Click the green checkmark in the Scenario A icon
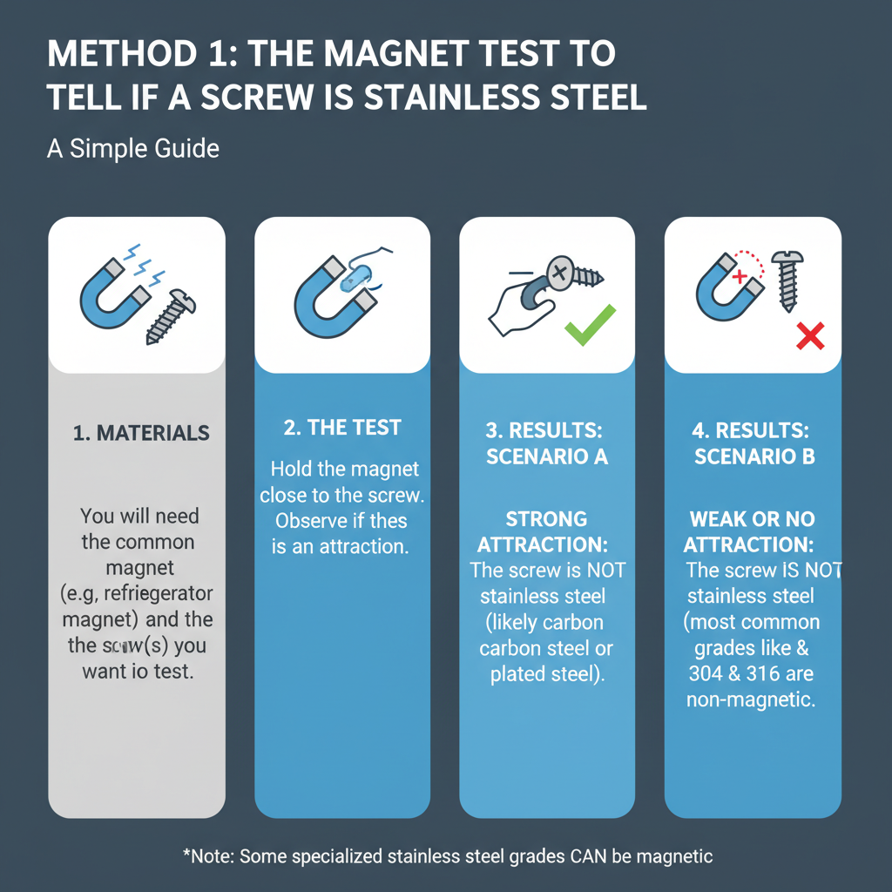coord(590,325)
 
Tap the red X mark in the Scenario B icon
coord(810,337)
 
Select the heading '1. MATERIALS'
coord(141,433)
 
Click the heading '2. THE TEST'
coord(342,427)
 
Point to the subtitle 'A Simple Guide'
coord(132,148)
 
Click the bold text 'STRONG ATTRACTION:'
coord(546,532)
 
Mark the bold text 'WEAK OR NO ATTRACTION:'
coord(751,532)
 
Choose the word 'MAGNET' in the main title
coord(402,54)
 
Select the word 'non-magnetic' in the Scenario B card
coord(751,700)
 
